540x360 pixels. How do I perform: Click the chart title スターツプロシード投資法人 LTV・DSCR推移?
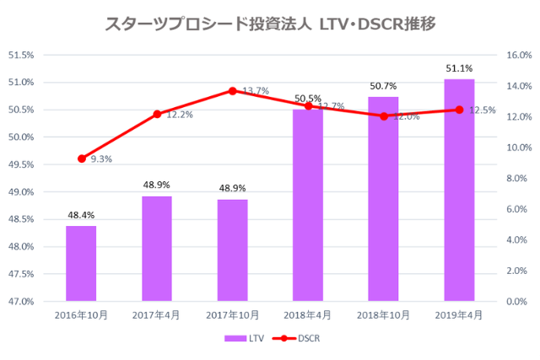270,24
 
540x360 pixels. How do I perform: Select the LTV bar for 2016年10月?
81,263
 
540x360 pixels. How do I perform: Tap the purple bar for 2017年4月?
157,249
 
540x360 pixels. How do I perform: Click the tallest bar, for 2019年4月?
459,190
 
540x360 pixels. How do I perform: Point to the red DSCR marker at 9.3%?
81,159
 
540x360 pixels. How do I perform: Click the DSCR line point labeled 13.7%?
232,90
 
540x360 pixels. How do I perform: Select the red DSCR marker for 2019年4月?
459,110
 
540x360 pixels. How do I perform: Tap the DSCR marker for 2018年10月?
384,116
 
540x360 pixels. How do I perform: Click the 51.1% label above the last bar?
459,68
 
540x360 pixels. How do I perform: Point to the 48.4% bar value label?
81,216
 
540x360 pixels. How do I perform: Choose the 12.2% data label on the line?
179,115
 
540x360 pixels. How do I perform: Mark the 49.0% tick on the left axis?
21,192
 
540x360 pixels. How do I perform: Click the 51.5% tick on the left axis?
21,55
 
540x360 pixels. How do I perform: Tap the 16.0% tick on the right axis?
516,55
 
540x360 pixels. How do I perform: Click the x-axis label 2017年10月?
232,314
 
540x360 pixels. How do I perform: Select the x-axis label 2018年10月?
384,314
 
